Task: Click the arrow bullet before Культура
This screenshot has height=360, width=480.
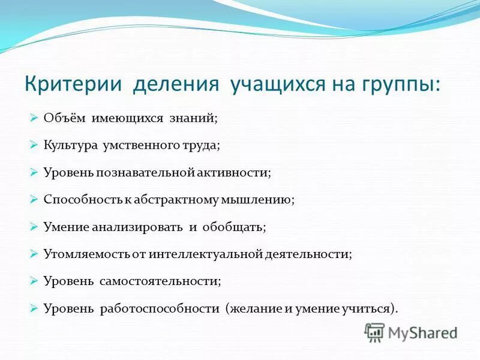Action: point(34,145)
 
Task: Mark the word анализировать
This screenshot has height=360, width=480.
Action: point(137,227)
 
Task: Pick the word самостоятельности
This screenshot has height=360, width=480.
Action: point(160,281)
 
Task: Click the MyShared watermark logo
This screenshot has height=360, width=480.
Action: point(412,332)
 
